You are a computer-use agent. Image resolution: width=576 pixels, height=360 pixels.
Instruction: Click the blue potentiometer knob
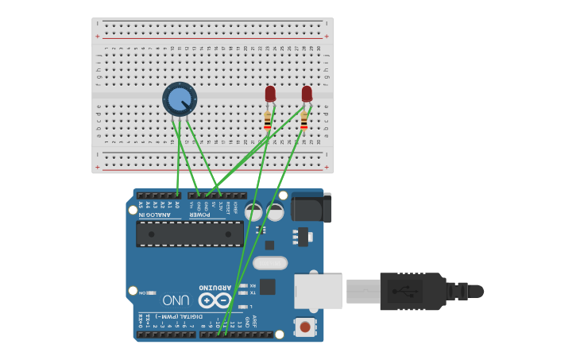pos(180,99)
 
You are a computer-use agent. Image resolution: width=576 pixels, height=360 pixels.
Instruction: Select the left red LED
pos(270,94)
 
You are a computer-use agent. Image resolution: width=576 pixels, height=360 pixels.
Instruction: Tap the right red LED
pos(307,94)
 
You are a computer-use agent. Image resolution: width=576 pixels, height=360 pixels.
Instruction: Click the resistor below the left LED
pos(268,120)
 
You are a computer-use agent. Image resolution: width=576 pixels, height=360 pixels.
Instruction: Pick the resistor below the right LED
pos(304,120)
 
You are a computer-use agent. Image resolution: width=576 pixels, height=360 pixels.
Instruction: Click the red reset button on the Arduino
pos(304,327)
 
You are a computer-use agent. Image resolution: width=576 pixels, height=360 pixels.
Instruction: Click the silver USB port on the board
pos(319,291)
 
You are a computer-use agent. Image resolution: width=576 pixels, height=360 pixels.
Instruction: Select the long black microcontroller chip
pos(190,234)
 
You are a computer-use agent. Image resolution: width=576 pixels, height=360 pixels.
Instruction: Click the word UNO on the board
pos(176,300)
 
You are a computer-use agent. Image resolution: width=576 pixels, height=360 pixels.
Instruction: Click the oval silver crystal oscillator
pos(270,263)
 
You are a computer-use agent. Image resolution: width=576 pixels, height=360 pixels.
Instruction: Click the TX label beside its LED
pos(253,293)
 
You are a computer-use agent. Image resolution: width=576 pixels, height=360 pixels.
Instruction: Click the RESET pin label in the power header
pos(227,208)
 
